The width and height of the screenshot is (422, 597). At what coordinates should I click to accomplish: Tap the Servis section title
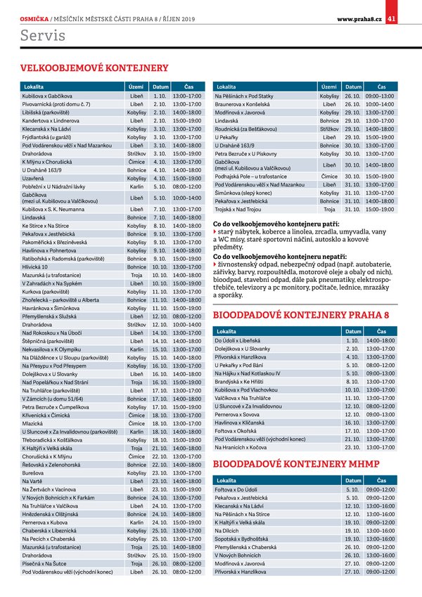43,35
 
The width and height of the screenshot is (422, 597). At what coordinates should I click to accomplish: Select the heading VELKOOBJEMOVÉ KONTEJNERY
95,68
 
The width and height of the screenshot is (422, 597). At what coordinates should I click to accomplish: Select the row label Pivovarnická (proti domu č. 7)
56,103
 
